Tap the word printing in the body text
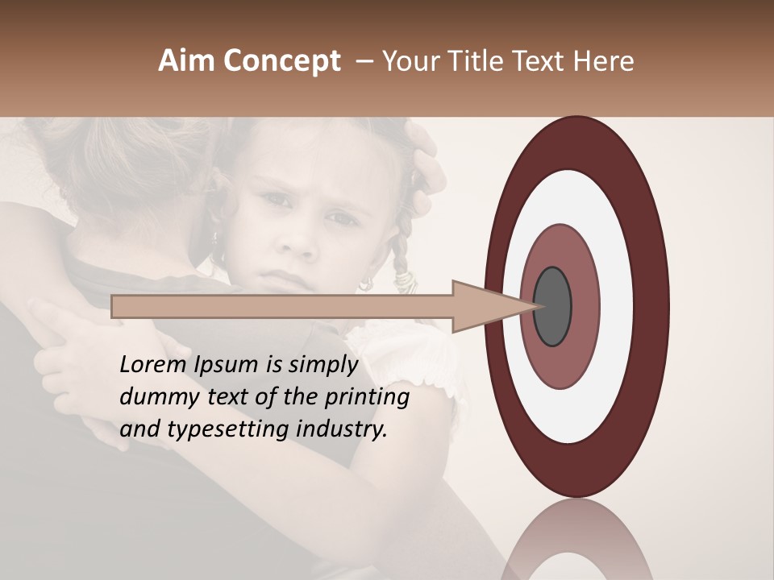(367, 398)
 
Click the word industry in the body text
(342, 429)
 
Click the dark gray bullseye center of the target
(553, 307)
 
